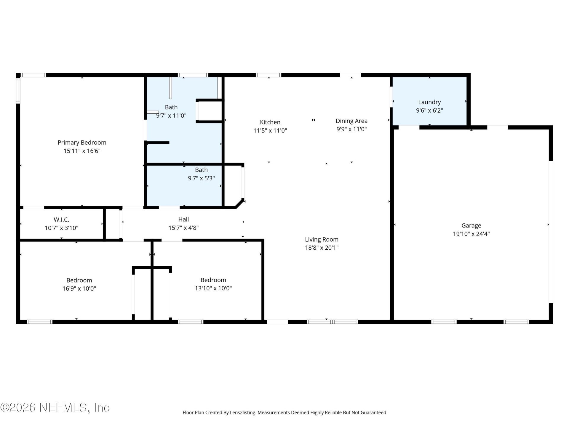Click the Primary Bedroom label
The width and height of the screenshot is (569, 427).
(82, 143)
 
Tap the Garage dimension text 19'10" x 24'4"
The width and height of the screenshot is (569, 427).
(471, 234)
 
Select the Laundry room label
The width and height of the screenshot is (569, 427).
(429, 102)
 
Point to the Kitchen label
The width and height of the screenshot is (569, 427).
(270, 122)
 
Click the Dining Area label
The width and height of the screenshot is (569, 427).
(351, 121)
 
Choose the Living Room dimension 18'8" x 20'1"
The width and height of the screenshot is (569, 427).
(322, 248)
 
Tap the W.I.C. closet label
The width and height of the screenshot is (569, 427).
(61, 220)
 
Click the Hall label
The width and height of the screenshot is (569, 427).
(183, 219)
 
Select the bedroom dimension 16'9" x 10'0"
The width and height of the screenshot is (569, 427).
(79, 289)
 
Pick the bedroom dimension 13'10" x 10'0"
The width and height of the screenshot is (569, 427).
(213, 288)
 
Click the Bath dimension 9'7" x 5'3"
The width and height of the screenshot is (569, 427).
(201, 178)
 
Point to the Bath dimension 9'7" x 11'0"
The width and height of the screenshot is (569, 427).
(171, 116)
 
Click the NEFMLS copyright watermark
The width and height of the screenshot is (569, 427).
(55, 407)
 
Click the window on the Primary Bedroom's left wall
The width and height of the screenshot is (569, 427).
(18, 90)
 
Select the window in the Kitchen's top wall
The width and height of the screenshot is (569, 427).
(268, 75)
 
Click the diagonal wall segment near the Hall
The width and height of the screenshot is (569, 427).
(240, 204)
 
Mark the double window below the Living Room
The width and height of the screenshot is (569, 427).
(332, 322)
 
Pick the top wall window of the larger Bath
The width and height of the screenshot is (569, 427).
(193, 75)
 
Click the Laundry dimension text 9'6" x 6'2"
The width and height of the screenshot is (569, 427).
(429, 111)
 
